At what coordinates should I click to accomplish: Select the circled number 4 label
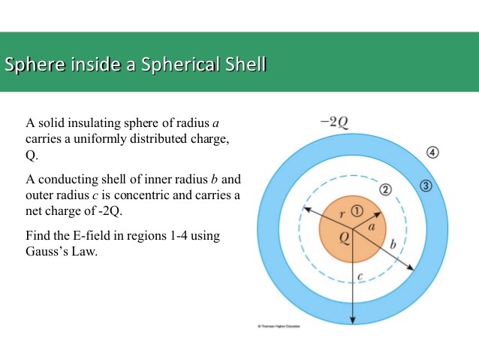(432, 153)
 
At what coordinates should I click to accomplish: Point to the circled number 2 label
(386, 189)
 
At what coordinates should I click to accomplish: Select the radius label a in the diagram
(371, 224)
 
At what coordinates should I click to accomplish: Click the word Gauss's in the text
(45, 251)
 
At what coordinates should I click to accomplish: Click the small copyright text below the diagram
(279, 327)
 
